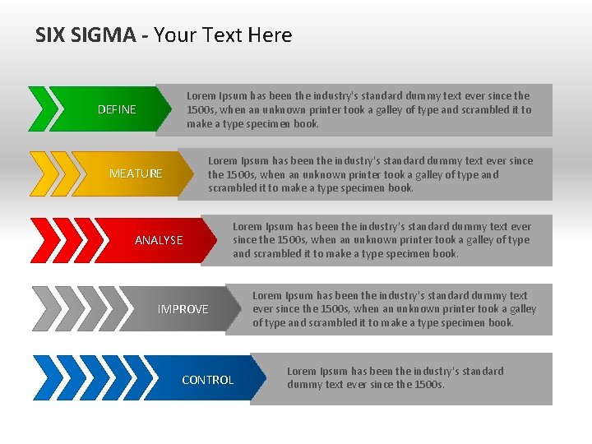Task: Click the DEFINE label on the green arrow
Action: click(117, 109)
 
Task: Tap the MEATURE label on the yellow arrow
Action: click(136, 173)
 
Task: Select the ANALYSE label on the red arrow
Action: click(159, 240)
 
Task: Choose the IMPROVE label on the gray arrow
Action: click(183, 309)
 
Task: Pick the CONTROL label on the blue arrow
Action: click(207, 380)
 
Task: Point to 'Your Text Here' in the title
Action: click(223, 35)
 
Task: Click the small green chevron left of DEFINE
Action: click(38, 109)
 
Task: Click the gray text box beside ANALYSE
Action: click(386, 240)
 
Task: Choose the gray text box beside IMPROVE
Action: click(399, 309)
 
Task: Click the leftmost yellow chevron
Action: click(39, 173)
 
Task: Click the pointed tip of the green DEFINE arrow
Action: click(179, 109)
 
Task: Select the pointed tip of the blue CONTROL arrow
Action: click(268, 378)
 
